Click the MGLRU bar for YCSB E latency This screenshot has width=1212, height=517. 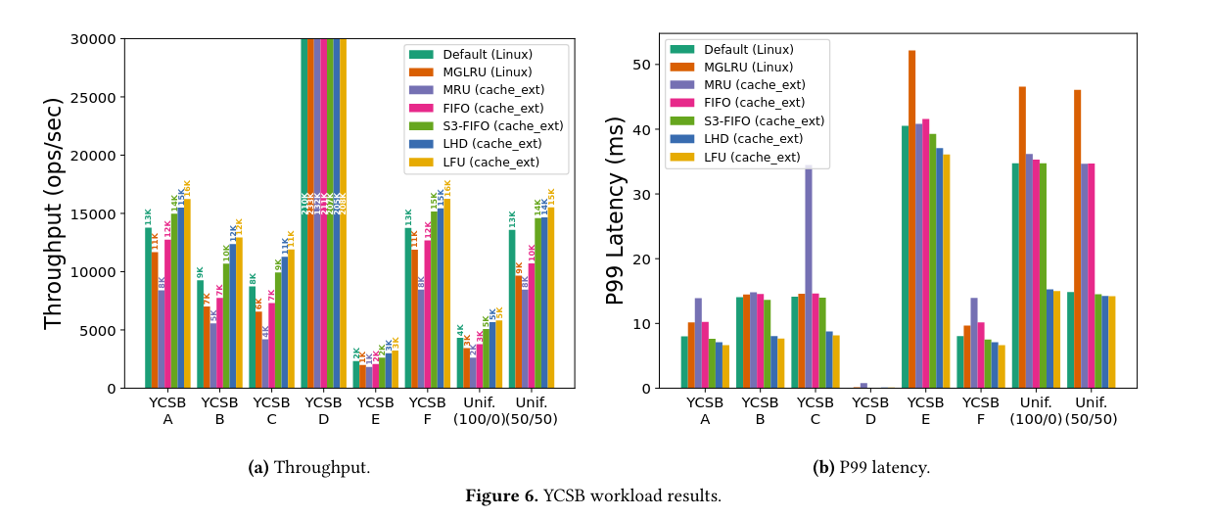[x=912, y=219]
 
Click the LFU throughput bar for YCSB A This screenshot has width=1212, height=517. [x=187, y=294]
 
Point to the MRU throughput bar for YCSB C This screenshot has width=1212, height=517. [x=265, y=363]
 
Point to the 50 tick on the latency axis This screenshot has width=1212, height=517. [x=643, y=65]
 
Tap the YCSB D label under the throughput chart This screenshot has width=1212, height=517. [x=323, y=410]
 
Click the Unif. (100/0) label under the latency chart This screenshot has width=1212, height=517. [x=1036, y=410]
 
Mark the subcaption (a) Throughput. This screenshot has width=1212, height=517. [x=309, y=467]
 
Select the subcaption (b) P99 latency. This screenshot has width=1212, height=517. [x=871, y=467]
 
